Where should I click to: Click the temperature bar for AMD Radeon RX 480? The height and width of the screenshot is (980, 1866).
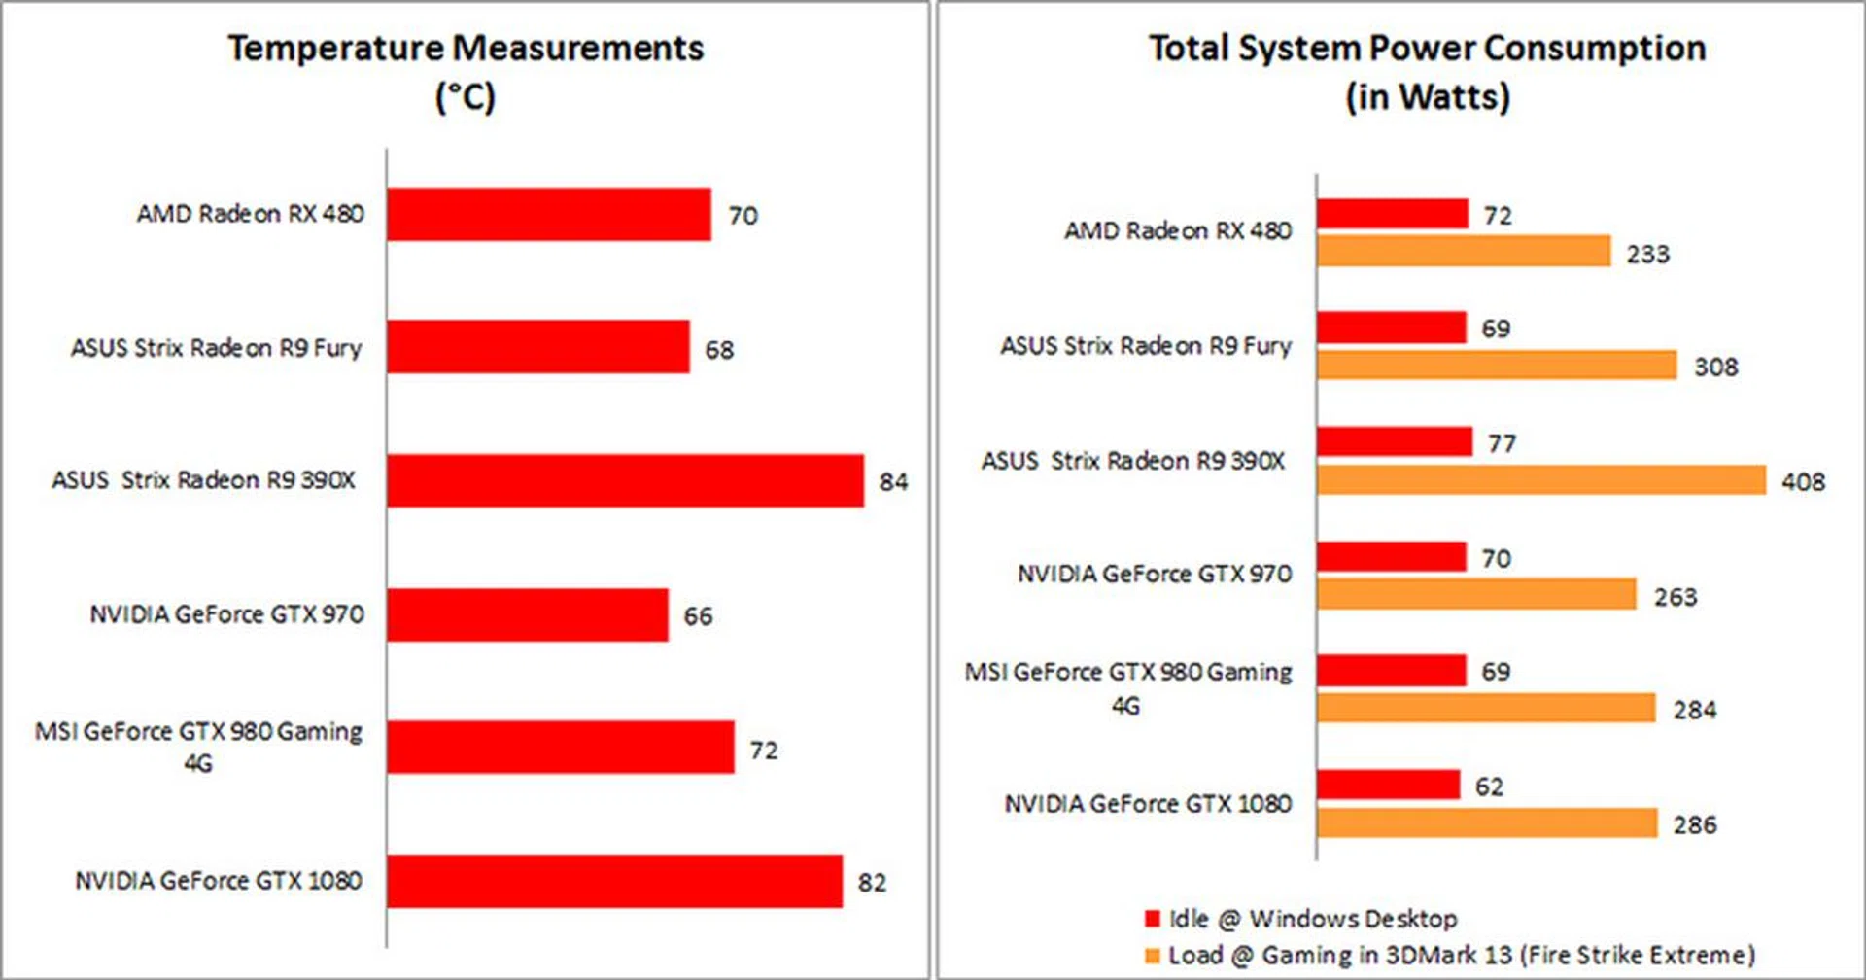549,214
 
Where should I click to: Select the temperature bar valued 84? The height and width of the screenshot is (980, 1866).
625,480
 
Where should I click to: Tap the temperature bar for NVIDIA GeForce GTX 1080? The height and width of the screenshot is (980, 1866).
614,881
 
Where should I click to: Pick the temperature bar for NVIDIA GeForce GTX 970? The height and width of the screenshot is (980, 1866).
527,614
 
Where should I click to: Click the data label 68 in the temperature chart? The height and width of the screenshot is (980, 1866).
719,349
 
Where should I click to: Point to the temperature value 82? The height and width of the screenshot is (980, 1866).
872,882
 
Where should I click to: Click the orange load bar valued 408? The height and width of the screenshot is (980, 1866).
1541,480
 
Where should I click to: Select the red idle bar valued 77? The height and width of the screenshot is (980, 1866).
1395,442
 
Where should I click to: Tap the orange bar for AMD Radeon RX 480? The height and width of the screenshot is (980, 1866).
1464,251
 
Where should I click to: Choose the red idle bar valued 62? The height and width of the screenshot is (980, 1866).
1388,785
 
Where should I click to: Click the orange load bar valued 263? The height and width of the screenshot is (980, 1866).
1477,594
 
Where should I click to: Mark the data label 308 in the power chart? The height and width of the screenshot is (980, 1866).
1715,367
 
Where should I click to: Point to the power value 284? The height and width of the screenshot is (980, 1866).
1694,710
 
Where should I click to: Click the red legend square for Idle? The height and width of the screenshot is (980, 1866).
1153,919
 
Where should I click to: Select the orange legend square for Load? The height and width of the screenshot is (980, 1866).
1153,956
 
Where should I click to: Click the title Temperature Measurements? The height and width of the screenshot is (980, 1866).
466,49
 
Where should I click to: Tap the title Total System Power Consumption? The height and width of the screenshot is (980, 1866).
1427,49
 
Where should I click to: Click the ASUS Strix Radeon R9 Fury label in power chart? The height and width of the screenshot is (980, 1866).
1146,346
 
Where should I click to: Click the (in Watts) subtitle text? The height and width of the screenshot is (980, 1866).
1427,97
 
